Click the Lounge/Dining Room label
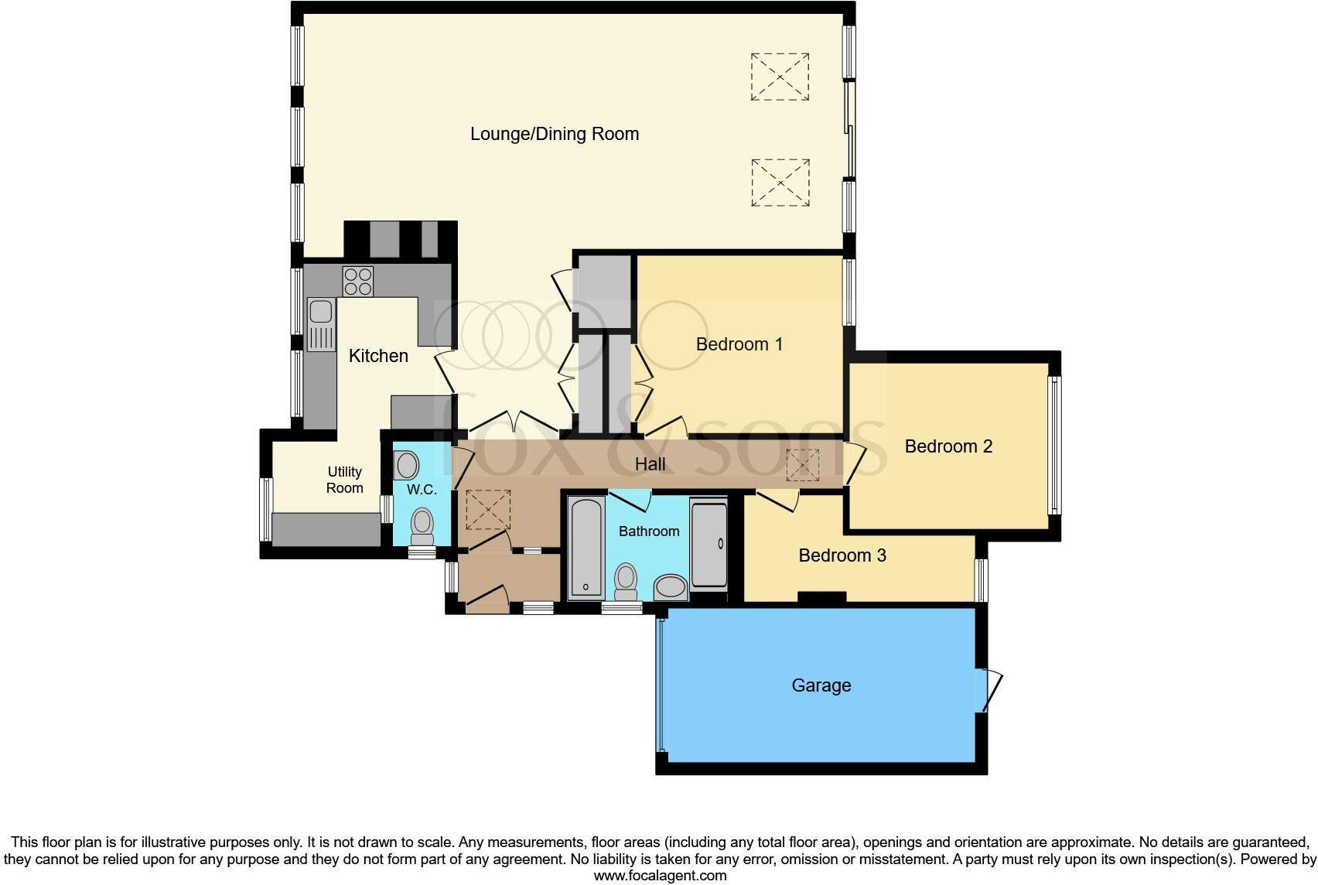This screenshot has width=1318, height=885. point(555,134)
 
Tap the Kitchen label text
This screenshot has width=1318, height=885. point(378,356)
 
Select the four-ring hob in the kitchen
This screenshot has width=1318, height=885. point(358,281)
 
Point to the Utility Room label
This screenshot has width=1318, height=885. point(345,480)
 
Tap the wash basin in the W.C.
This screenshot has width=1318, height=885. point(407,466)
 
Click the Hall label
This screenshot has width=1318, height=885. point(650,464)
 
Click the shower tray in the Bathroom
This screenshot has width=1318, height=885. point(709,545)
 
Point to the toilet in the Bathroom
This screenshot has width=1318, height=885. point(626,581)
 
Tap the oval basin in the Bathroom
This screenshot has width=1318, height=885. point(671,587)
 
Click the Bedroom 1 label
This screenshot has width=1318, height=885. point(739,344)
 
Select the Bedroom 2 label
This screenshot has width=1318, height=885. point(948,446)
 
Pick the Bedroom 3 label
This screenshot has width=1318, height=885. point(842,555)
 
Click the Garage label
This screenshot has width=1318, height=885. point(821,685)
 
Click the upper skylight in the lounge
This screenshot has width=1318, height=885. point(780,77)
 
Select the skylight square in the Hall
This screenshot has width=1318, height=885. point(802,466)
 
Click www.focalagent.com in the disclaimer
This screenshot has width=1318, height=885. point(660,876)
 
